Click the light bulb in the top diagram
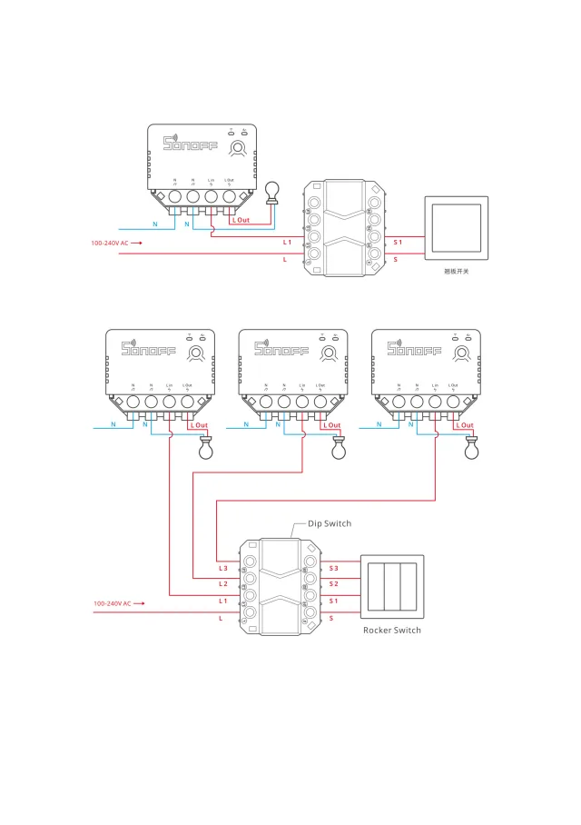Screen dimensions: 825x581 tap(270, 191)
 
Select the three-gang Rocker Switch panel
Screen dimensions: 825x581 tap(391, 586)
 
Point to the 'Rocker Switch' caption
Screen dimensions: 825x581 tap(392, 630)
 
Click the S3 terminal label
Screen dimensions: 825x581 tap(334, 567)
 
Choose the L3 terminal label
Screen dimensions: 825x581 tap(223, 567)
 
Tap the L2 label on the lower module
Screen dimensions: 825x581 tap(223, 583)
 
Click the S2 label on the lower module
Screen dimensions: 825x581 tap(334, 583)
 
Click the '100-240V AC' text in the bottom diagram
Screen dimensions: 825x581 tap(113, 603)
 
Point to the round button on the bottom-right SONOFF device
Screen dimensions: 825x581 tap(462, 353)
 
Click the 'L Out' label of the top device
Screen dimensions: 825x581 tap(240, 220)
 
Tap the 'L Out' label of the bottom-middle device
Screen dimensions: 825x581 tap(332, 425)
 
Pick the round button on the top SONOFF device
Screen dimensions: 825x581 tap(239, 148)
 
